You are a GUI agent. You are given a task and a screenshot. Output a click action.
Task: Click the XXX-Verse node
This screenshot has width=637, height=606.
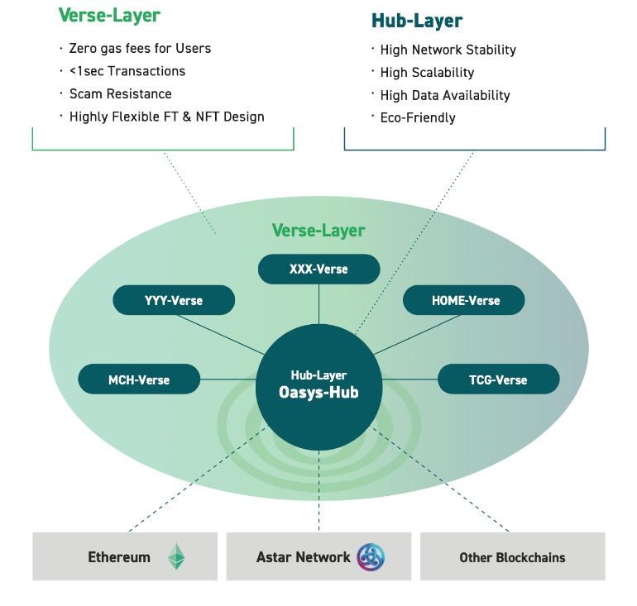pos(318,270)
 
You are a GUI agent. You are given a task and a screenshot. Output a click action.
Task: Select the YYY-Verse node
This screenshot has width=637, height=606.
pos(174,300)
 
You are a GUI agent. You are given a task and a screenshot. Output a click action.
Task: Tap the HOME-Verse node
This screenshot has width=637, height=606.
pos(464,300)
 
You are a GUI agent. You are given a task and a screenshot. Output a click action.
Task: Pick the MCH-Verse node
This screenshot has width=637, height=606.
pos(139,379)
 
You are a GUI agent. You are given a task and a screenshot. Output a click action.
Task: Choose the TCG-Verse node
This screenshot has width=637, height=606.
pos(498,379)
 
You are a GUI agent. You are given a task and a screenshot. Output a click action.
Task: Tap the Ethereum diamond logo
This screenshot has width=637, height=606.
pos(176,556)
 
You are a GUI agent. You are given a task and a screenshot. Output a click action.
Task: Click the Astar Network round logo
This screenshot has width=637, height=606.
pos(371,556)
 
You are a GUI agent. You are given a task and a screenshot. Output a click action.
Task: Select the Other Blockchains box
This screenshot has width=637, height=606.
pos(512,556)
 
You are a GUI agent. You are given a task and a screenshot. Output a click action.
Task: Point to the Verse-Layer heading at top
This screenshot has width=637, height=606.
pos(109,15)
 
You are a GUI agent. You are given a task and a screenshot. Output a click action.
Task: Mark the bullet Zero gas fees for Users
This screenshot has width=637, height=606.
pos(140,48)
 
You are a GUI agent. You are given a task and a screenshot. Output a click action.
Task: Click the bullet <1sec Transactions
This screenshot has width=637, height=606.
pos(127,71)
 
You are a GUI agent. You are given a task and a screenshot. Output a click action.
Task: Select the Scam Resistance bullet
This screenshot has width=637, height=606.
pos(121,93)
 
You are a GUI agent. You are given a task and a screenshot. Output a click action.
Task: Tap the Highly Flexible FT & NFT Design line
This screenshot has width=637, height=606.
pos(166,117)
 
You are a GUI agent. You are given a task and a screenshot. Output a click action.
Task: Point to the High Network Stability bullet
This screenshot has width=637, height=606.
pos(448,50)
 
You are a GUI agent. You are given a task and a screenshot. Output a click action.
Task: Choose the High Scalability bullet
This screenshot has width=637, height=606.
pos(427,73)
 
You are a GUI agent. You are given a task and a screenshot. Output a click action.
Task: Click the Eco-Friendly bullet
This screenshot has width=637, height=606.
pos(418,117)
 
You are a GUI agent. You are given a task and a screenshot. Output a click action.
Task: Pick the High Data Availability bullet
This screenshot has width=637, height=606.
pos(445,95)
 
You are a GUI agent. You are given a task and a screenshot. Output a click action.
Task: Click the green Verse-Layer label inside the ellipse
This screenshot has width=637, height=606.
pos(318,231)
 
